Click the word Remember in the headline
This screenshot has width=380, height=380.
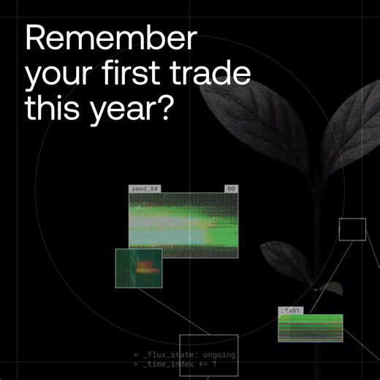110,37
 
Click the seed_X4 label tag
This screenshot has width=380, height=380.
144,189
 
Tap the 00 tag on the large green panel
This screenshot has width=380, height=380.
231,189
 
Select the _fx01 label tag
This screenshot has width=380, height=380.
290,311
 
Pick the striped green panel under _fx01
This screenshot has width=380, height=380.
310,327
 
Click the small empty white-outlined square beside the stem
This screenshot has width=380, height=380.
352,229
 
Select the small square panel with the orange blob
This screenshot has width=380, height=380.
138,268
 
